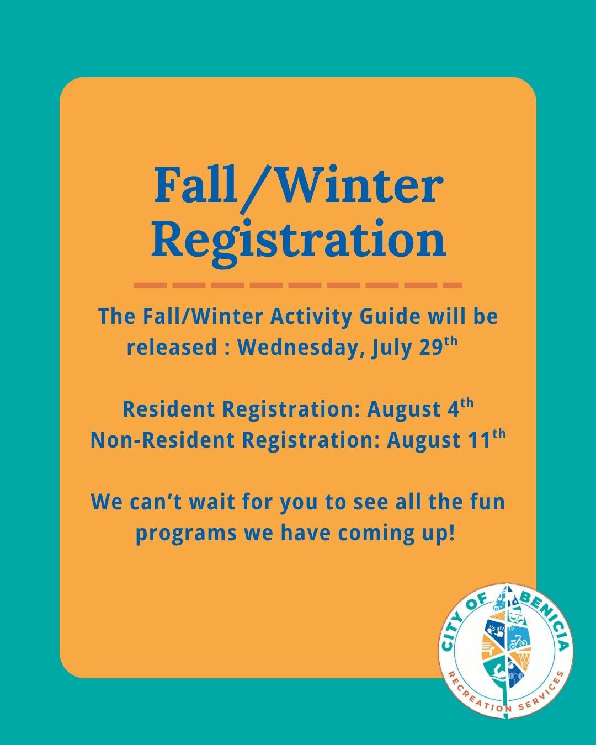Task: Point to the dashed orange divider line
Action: tap(298, 285)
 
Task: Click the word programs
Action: tap(187, 534)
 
